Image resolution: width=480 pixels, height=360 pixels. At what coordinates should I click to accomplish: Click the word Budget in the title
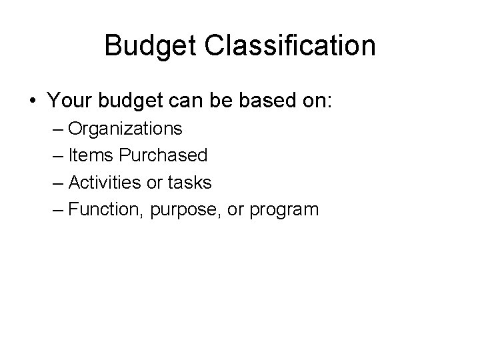point(148,47)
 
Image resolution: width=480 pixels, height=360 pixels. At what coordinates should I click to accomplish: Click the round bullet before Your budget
point(33,102)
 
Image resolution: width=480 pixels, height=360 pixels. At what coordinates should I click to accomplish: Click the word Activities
point(104,183)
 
